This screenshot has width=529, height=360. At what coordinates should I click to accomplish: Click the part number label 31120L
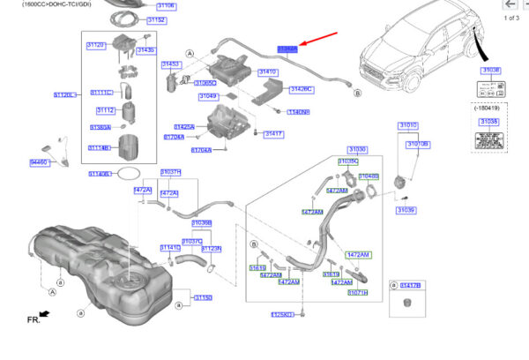tap(65, 94)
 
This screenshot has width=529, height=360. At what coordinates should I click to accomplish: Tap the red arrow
tap(319, 41)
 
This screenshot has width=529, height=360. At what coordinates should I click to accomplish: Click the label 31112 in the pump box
tap(106, 110)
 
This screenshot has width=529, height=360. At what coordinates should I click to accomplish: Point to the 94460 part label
tap(40, 162)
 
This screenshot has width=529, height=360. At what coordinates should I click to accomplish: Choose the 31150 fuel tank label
tap(203, 298)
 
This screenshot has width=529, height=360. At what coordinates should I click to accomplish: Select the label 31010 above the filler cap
tap(409, 125)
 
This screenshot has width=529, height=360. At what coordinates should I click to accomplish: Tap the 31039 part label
tap(406, 210)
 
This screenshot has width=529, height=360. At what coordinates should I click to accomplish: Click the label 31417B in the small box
tap(411, 285)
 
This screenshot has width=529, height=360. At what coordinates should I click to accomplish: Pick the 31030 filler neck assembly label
tap(357, 150)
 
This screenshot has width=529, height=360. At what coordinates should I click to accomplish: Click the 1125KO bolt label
tap(281, 313)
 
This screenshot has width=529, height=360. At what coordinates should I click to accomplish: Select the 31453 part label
tap(170, 64)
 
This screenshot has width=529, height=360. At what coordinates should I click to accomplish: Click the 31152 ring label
tap(156, 19)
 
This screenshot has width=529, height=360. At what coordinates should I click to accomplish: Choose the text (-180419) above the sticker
tap(489, 109)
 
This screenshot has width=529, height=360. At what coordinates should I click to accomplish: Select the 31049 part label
tap(207, 95)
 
